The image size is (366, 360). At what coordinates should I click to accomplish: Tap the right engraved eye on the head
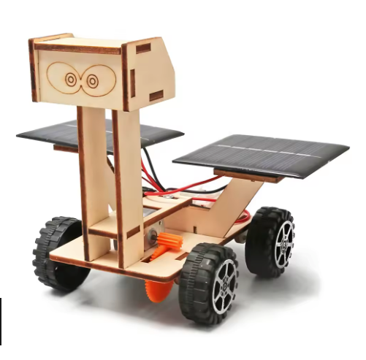click(x=93, y=81)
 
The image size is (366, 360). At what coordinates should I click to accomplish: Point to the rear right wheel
click(x=271, y=240)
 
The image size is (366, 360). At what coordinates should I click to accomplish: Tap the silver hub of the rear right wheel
click(x=283, y=243)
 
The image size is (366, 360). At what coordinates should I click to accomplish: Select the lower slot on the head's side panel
click(x=156, y=96)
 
